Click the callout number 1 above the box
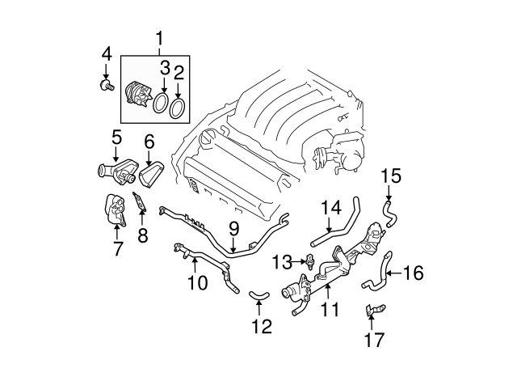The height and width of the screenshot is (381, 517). click(159, 37)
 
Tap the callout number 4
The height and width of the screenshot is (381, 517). click(107, 55)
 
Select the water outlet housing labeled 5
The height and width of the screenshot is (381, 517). click(111, 171)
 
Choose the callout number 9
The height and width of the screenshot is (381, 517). click(233, 229)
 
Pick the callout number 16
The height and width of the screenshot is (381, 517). click(413, 273)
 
